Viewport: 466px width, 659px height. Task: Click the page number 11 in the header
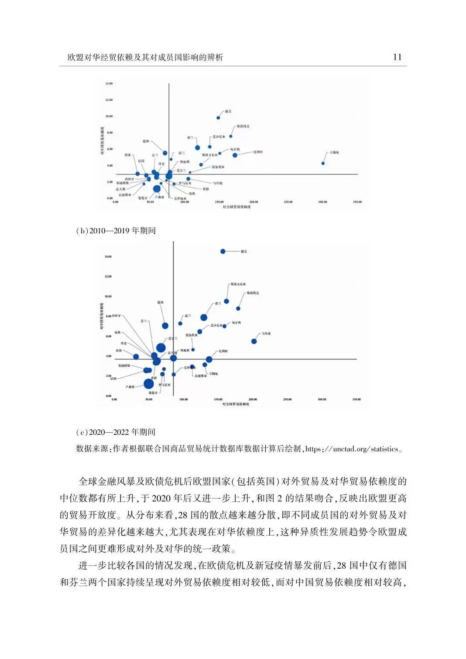(397, 57)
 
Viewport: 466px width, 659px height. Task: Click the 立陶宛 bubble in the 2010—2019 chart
(323, 163)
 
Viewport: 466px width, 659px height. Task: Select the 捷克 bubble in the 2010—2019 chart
(218, 118)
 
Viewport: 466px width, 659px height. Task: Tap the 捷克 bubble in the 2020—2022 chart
(223, 251)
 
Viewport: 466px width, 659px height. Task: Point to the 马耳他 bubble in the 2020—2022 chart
(254, 341)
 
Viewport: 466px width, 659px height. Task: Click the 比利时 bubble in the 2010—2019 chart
(235, 155)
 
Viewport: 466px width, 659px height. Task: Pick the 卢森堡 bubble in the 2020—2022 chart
(149, 384)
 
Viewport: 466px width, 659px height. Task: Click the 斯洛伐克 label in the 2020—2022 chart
(253, 293)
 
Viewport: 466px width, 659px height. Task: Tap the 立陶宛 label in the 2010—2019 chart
(334, 152)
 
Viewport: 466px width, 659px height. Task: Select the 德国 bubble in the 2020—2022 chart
(165, 325)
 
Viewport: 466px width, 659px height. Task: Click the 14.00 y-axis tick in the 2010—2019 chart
(109, 83)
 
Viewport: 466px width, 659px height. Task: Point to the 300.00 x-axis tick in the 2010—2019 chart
(322, 202)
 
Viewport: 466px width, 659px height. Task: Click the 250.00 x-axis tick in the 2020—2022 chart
(287, 399)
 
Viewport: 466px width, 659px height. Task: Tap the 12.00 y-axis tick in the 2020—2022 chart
(107, 277)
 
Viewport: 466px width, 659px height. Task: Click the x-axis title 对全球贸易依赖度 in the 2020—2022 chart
(236, 405)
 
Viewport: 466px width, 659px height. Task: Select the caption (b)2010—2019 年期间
(116, 231)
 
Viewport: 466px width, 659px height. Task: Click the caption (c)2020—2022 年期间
(116, 432)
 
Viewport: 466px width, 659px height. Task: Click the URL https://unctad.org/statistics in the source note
(352, 449)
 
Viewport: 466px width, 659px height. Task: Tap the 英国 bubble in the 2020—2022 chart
(136, 357)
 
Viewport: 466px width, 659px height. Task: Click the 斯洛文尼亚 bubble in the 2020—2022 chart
(226, 301)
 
